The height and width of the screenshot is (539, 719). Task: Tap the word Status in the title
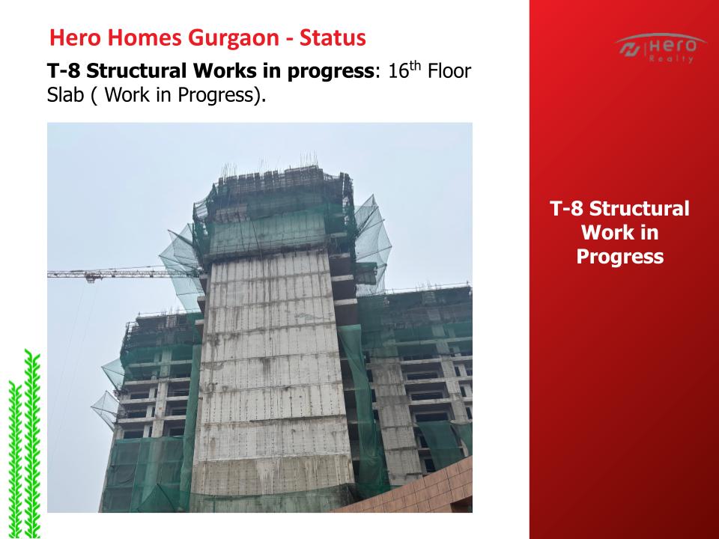pos(333,37)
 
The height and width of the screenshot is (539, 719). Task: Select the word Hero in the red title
pos(74,37)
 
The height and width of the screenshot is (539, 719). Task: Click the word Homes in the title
pos(144,37)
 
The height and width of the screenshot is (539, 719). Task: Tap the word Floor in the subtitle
pos(449,72)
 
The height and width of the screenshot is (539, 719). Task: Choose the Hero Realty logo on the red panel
pos(660,48)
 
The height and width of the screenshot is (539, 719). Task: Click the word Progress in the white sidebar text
pos(620,257)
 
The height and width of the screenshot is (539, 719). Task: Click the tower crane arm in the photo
pos(124,274)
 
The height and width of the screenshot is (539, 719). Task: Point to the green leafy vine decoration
pos(24,444)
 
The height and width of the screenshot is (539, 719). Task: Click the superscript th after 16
pos(414,67)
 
